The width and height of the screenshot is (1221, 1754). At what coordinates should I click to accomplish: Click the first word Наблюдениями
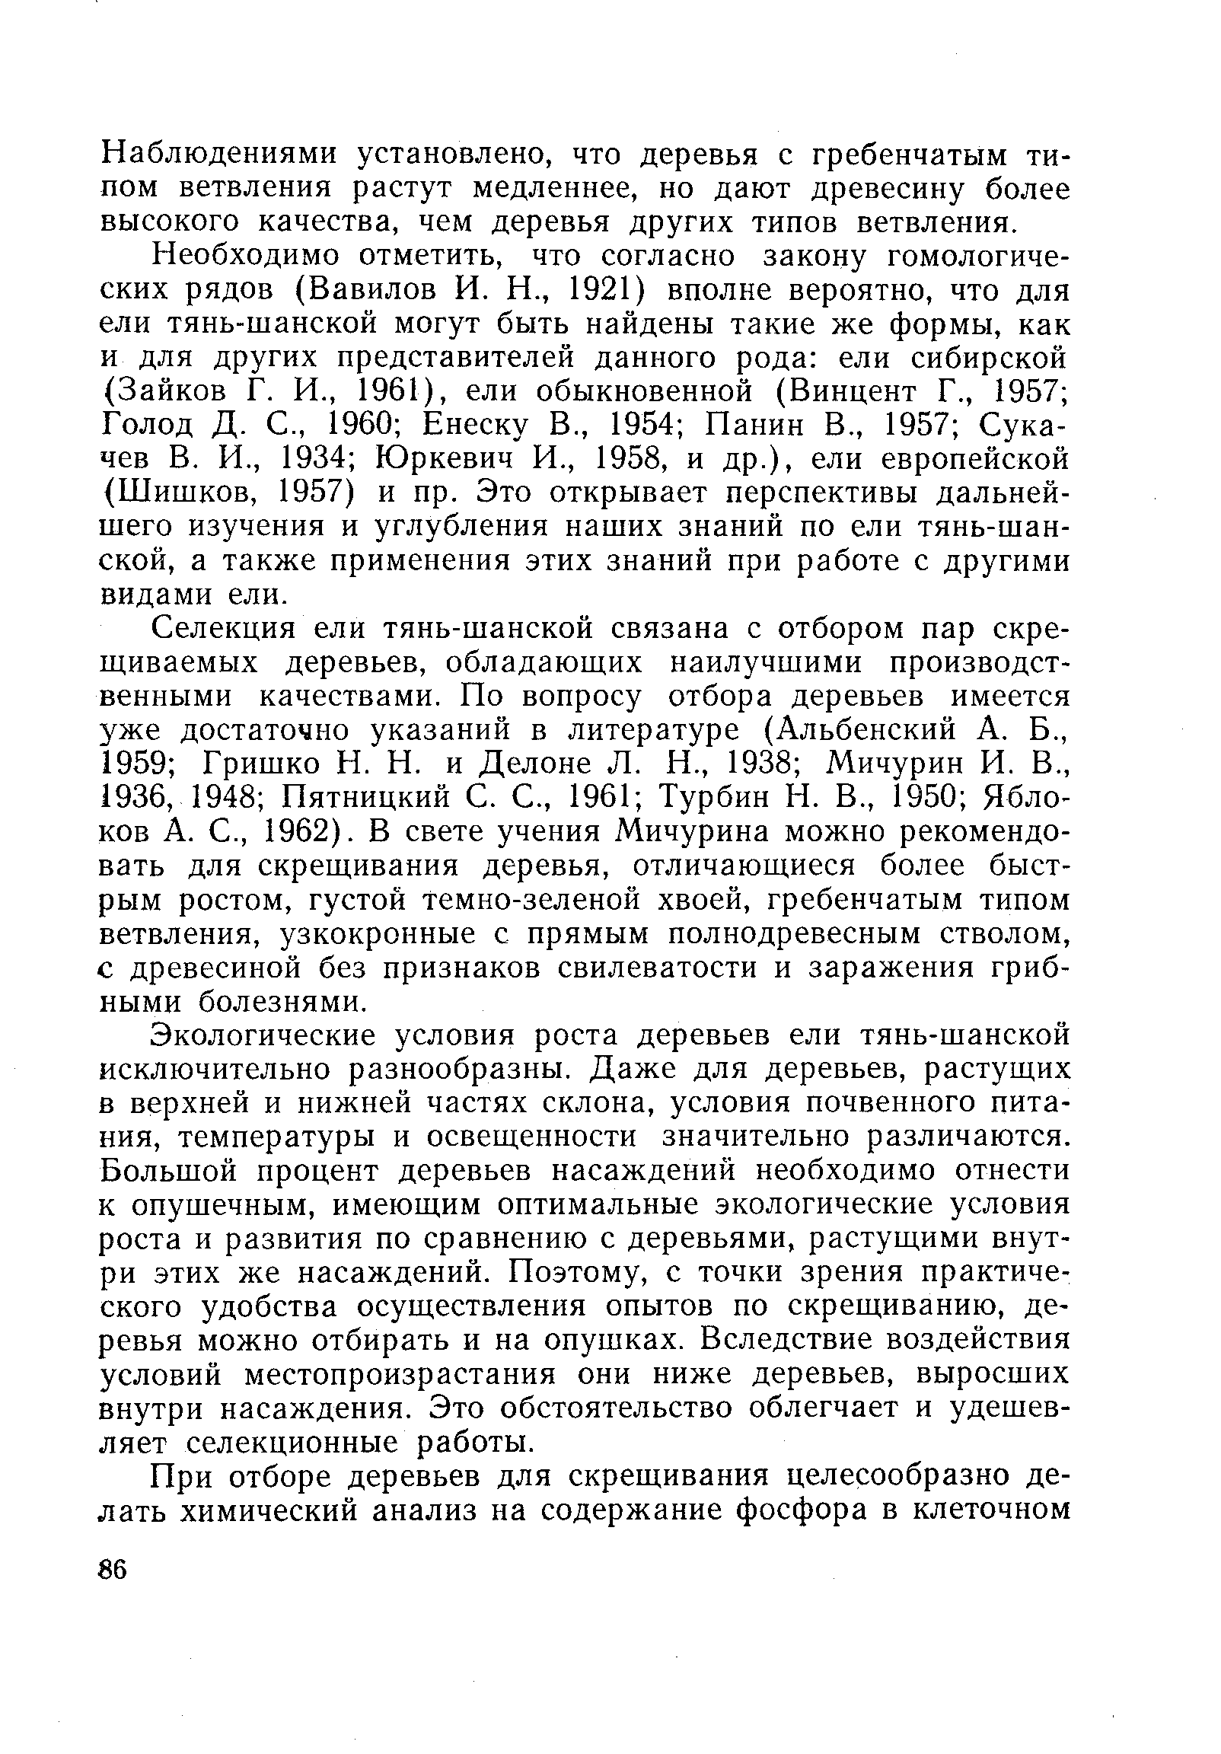tap(220, 155)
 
